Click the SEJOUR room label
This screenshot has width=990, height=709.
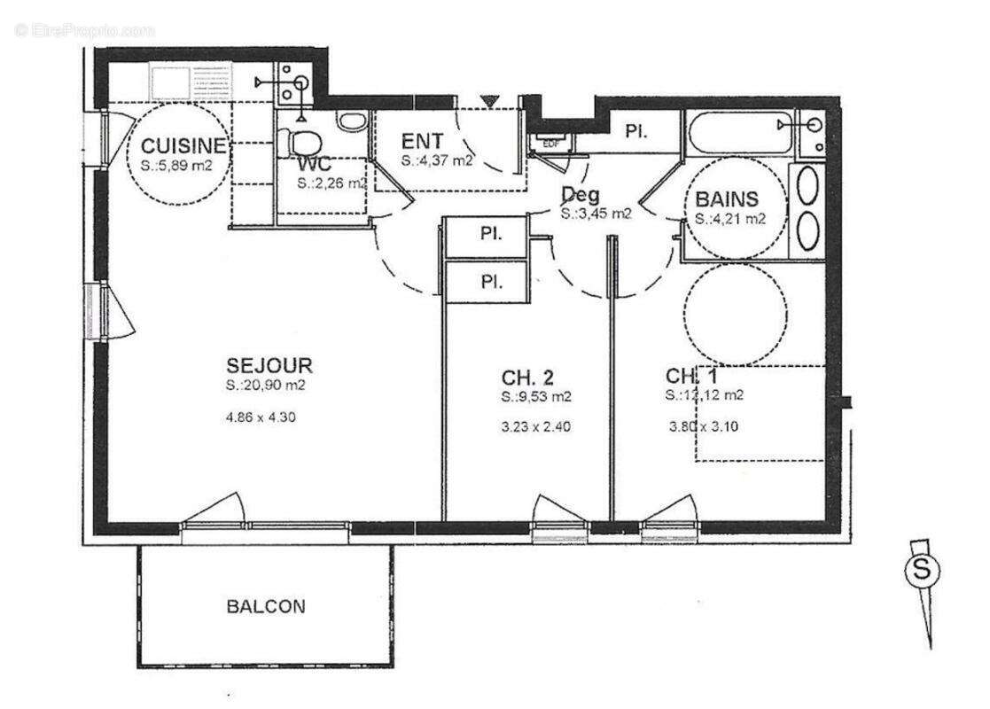[269, 365]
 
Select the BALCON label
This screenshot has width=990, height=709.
[266, 607]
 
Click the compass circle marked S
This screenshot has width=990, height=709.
[921, 572]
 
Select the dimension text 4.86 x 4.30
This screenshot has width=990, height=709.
[261, 417]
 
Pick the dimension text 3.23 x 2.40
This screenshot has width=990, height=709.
[535, 426]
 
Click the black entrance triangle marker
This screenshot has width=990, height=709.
[490, 101]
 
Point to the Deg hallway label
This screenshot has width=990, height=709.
[580, 194]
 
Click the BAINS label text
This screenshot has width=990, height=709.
[727, 199]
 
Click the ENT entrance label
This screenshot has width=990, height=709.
[421, 142]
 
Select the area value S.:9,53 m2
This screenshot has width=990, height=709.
[535, 396]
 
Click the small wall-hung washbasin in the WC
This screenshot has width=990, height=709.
[352, 121]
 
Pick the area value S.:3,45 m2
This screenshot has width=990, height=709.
[596, 214]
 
